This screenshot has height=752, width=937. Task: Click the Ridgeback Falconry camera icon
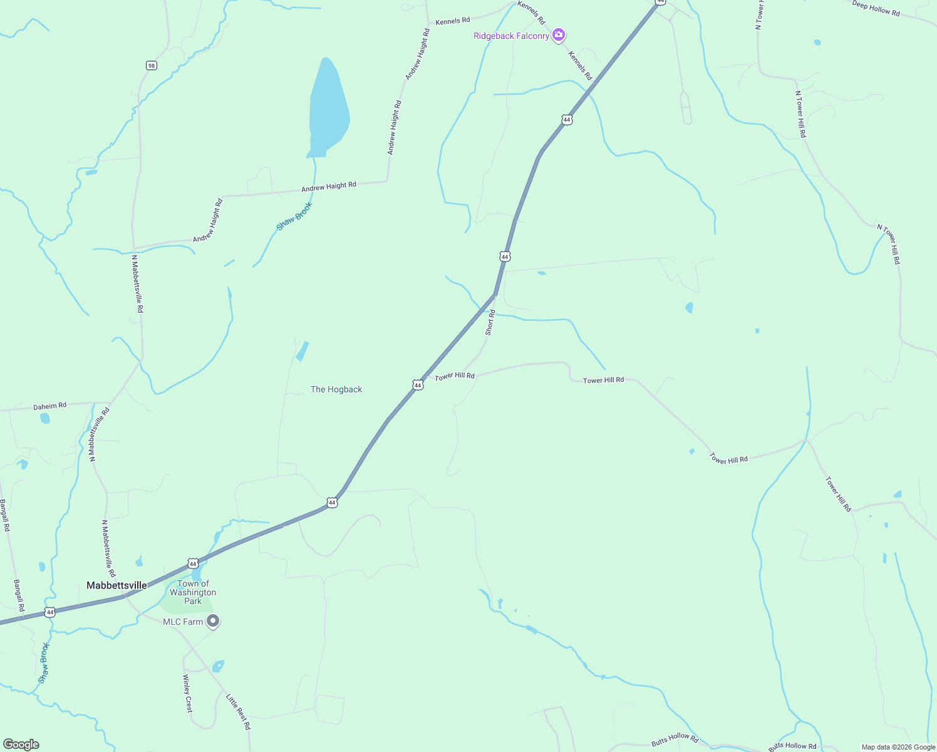coord(559,35)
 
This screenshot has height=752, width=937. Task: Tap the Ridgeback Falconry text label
coord(511,36)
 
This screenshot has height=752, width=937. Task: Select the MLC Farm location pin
coord(213,621)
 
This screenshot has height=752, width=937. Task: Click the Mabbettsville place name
coord(116,585)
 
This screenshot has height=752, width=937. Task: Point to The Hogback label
coord(336,389)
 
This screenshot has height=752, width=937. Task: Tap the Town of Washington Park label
coord(193,592)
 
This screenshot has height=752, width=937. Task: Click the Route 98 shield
coord(152,65)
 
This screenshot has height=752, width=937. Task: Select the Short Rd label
coord(490,322)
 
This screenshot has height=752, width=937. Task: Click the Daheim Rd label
coord(50,406)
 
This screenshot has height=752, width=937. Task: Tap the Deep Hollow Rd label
coord(876,8)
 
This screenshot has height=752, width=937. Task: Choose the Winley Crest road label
coord(188,693)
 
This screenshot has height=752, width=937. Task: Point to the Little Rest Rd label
coord(238,711)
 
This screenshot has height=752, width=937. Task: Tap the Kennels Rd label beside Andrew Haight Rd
coord(452,21)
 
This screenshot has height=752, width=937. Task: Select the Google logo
coord(21,744)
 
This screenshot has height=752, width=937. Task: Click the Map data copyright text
coord(898,747)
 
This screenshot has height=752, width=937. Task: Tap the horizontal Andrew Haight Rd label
coord(329,186)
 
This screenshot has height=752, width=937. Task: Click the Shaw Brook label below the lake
coord(294,216)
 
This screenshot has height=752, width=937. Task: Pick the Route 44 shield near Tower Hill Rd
coord(418,385)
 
